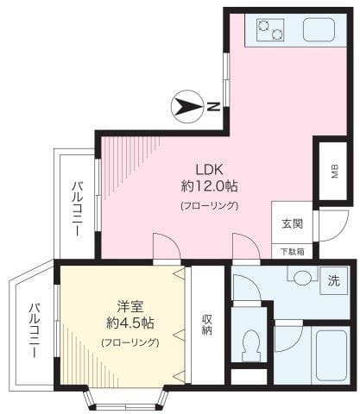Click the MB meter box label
(334, 170)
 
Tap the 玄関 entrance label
(291, 223)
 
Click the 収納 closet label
(207, 323)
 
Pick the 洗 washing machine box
(332, 280)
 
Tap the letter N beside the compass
(213, 107)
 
